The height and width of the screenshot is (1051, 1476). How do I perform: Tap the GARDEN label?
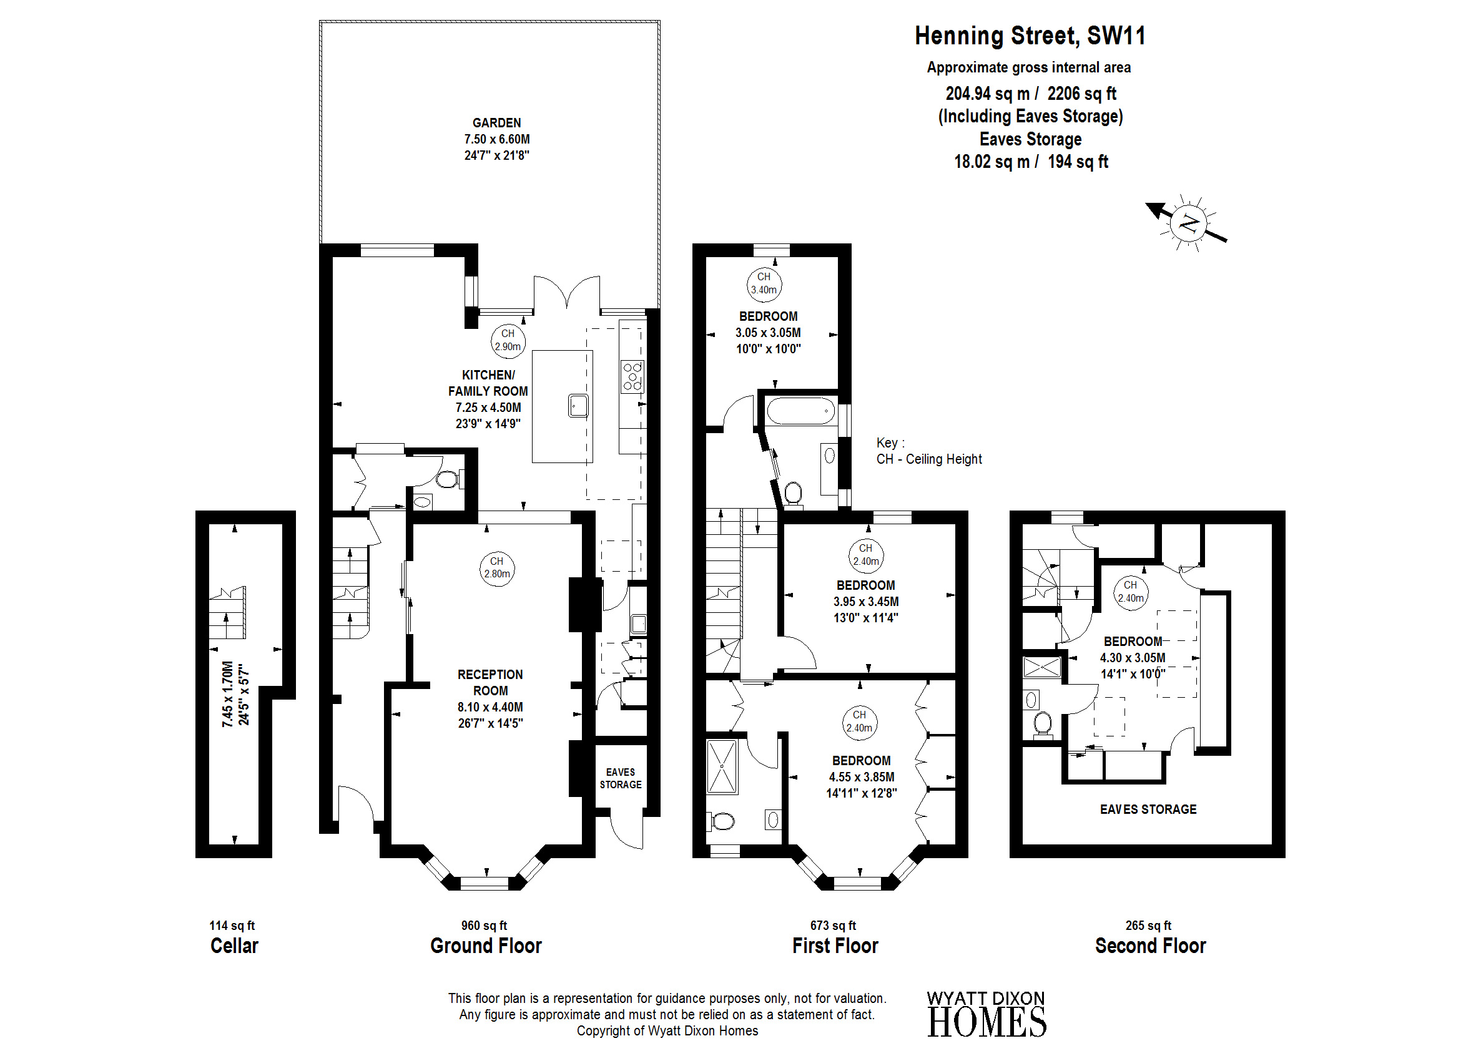(x=496, y=123)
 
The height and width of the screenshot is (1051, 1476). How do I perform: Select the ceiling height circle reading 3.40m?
(x=764, y=284)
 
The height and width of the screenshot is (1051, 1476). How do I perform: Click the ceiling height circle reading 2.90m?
(x=508, y=340)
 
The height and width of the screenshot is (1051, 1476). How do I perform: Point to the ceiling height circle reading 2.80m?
(x=496, y=568)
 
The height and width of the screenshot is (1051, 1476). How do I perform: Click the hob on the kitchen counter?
(x=632, y=377)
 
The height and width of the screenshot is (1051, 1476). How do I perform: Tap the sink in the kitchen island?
(x=578, y=406)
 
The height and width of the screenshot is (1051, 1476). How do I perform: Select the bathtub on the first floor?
(x=801, y=410)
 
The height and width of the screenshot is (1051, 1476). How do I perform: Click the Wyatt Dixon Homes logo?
(x=986, y=1014)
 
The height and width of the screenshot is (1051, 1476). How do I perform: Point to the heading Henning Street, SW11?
(x=1030, y=36)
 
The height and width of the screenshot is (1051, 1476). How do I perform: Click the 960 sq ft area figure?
(x=484, y=926)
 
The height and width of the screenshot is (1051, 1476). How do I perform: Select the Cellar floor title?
(x=234, y=946)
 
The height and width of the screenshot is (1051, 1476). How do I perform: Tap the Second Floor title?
(x=1150, y=946)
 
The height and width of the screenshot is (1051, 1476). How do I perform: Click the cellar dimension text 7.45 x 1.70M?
(x=227, y=694)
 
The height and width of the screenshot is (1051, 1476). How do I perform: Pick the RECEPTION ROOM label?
(x=490, y=683)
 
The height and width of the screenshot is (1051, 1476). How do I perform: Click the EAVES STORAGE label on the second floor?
(x=1148, y=809)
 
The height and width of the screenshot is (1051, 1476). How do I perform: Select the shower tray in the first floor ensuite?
(x=722, y=767)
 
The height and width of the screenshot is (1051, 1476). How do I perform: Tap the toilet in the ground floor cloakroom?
(x=447, y=479)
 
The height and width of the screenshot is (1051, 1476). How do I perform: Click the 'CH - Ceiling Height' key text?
(x=929, y=459)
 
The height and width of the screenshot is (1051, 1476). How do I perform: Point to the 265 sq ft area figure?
(x=1148, y=926)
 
